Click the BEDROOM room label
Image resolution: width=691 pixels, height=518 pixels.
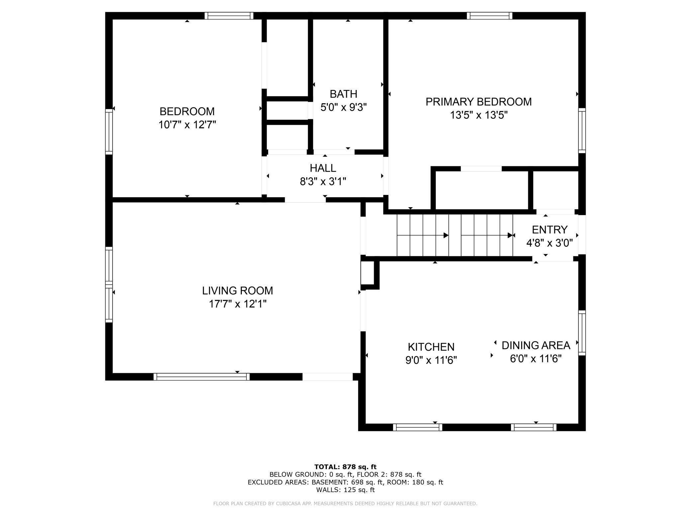tap(187, 111)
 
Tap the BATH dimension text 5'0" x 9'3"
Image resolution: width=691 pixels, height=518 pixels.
tap(344, 108)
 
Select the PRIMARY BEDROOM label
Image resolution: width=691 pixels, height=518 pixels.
tap(479, 102)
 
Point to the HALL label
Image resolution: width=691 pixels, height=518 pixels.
tap(323, 168)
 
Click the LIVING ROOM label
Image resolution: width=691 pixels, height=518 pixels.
tap(238, 291)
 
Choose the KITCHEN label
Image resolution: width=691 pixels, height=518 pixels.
tap(431, 347)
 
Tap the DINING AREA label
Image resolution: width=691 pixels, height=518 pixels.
tap(536, 345)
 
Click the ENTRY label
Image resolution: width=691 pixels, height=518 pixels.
tap(549, 230)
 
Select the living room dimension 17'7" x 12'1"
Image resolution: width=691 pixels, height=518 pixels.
tap(238, 304)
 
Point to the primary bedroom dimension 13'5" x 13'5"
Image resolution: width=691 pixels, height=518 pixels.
tap(479, 115)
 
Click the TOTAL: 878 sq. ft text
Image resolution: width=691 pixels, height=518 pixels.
tap(345, 467)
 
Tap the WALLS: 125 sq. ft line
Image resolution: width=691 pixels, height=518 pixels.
tap(345, 490)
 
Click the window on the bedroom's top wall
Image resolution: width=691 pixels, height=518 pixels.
tap(229, 16)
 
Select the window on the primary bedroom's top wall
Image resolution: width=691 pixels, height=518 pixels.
tap(489, 16)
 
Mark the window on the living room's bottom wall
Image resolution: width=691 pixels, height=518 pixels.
tap(202, 377)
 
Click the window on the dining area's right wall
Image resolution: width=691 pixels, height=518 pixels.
tap(582, 333)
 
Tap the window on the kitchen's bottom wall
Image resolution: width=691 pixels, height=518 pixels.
tap(418, 427)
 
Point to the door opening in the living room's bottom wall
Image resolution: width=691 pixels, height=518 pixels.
tap(327, 377)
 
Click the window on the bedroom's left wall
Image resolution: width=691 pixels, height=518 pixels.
tap(109, 131)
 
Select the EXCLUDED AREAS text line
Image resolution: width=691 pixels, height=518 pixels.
tap(345, 482)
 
